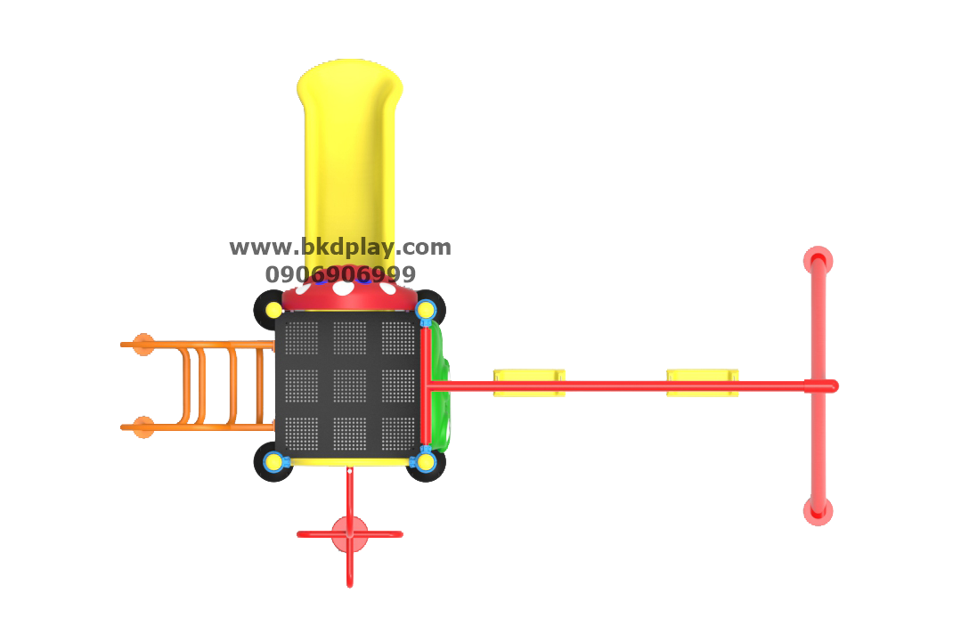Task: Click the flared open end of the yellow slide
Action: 349,77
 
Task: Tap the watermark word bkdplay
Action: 348,248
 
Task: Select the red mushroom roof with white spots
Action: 349,295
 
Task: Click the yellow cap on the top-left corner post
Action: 274,310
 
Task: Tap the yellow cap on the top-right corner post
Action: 426,310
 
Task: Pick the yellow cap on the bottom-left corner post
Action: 274,461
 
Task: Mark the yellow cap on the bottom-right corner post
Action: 426,461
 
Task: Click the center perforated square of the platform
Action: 349,386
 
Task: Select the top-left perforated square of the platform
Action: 301,337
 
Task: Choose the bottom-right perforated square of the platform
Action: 398,434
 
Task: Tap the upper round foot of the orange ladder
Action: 143,345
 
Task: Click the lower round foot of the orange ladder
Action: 143,427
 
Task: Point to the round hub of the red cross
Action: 349,534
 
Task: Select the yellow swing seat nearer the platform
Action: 528,382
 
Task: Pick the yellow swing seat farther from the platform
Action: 702,382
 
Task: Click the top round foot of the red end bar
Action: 818,261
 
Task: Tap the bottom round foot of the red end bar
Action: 818,511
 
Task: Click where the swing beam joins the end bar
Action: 818,386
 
